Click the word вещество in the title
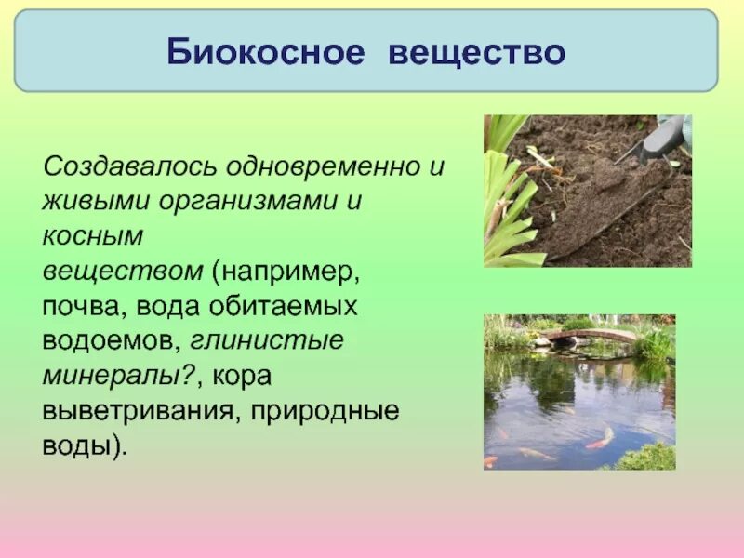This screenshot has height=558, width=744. click(x=476, y=52)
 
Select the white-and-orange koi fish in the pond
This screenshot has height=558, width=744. click(x=601, y=436)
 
